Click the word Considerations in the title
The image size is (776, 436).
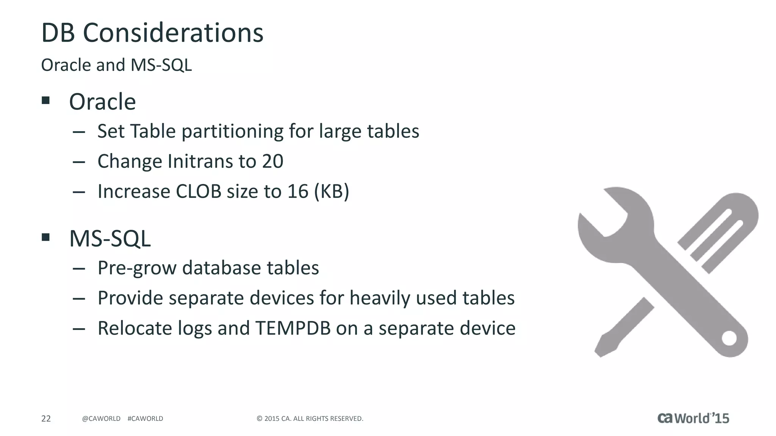[173, 33]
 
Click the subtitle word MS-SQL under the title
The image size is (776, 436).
[161, 65]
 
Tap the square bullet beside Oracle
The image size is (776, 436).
[46, 100]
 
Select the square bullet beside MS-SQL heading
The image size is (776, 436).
[46, 237]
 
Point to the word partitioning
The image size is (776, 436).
[232, 131]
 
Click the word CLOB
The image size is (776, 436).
[198, 191]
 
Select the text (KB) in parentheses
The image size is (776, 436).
[331, 191]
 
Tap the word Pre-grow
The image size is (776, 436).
[137, 268]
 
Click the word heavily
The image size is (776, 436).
[380, 298]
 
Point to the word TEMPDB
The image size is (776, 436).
[293, 328]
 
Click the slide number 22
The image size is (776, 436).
[46, 419]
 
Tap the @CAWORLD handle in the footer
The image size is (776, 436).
[101, 419]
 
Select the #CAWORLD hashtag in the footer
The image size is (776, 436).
[145, 419]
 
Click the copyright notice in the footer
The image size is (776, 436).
[310, 419]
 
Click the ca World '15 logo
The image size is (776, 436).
[693, 418]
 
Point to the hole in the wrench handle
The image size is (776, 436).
[729, 338]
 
